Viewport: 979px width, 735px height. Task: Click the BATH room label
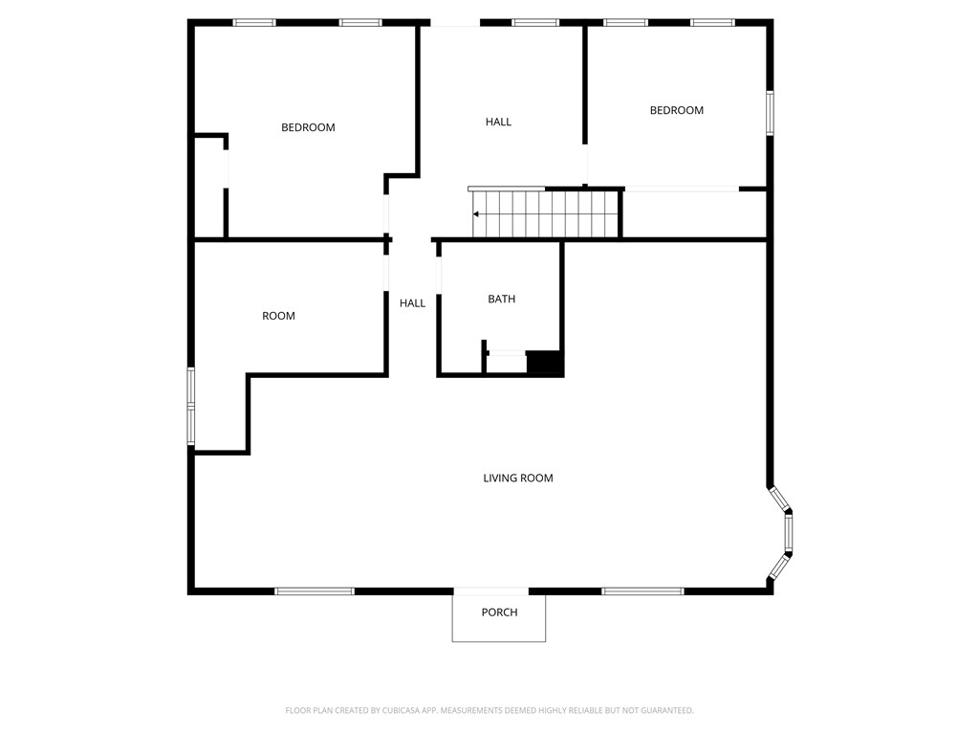pyautogui.click(x=501, y=299)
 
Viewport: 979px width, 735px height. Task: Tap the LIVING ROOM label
pyautogui.click(x=517, y=478)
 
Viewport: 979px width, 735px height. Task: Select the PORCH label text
pyautogui.click(x=499, y=612)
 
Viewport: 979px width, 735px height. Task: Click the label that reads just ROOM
pyautogui.click(x=278, y=316)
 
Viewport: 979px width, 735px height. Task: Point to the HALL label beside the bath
pyautogui.click(x=412, y=303)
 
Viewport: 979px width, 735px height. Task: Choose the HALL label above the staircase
pyautogui.click(x=498, y=122)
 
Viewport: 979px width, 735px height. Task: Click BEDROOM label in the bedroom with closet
pyautogui.click(x=308, y=127)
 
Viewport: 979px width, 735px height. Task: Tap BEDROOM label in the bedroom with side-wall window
pyautogui.click(x=676, y=110)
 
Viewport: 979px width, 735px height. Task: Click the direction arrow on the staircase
pyautogui.click(x=477, y=214)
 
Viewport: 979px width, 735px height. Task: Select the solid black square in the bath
pyautogui.click(x=545, y=363)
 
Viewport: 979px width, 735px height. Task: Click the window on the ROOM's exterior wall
pyautogui.click(x=191, y=406)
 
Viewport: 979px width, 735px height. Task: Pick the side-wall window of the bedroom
pyautogui.click(x=769, y=113)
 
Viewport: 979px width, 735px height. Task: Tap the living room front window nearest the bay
pyautogui.click(x=642, y=591)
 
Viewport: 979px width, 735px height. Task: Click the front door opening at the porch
pyautogui.click(x=490, y=591)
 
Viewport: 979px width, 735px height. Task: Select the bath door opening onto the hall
pyautogui.click(x=439, y=274)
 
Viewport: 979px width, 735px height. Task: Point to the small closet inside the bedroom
pyautogui.click(x=209, y=187)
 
